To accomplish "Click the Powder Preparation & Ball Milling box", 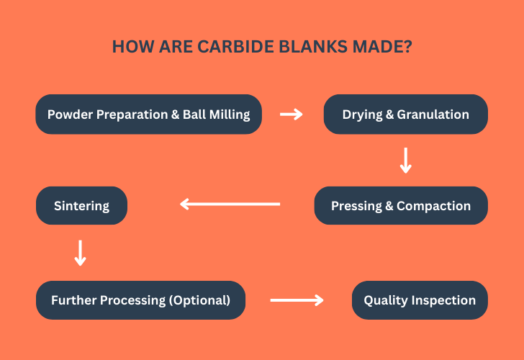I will (148, 114).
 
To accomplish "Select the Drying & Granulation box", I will (405, 114).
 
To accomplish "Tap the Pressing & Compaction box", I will (401, 206).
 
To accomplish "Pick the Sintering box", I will (81, 206).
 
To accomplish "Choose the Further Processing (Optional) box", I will (140, 300).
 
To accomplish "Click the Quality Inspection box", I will (420, 300).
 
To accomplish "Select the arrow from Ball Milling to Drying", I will (292, 114).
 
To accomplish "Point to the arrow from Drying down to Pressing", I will (405, 160).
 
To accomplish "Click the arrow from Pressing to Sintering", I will (230, 204).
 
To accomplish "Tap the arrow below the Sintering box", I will (81, 253).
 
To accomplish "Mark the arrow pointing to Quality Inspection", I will (297, 300).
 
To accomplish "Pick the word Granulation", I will (433, 114).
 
